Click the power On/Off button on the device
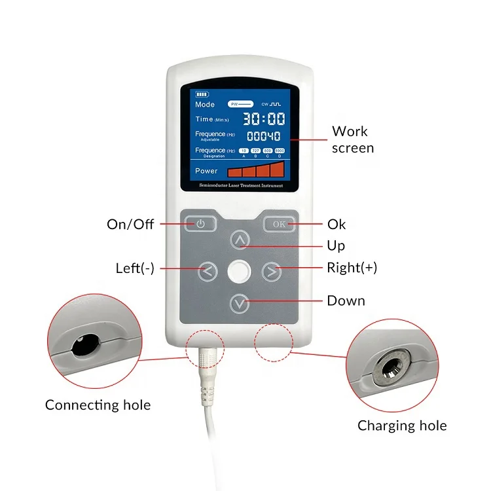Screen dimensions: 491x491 [200, 224]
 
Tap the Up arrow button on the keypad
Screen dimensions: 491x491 [240, 241]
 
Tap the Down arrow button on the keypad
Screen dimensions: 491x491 [240, 302]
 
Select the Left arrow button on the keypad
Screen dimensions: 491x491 [207, 270]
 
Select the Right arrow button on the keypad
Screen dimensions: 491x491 [271, 270]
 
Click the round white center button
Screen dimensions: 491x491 [240, 271]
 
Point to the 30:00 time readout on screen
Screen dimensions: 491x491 [264, 119]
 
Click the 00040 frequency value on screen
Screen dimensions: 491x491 [263, 136]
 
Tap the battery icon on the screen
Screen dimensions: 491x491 [201, 94]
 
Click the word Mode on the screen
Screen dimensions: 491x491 [205, 104]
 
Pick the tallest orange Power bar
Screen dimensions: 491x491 [277, 170]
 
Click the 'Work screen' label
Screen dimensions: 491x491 [352, 139]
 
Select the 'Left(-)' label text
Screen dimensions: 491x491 [135, 268]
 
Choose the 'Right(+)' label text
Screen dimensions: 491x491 [352, 268]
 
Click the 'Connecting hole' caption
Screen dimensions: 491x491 [98, 405]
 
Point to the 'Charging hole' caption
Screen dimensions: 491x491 [402, 426]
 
